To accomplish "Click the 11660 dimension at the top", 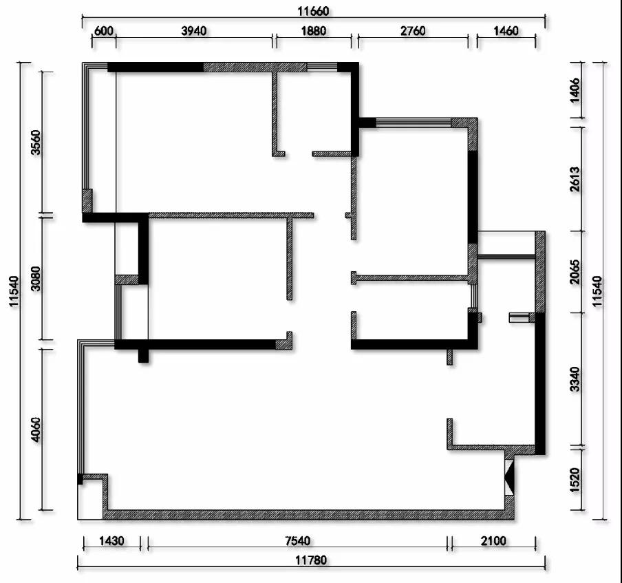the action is [x=313, y=11].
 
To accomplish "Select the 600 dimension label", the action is [x=104, y=30].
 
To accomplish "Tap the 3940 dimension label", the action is [x=194, y=30].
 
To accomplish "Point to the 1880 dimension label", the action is [x=313, y=30].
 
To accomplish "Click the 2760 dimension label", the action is [x=413, y=30].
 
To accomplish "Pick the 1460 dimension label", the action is [x=506, y=30].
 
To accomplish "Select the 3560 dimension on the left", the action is [x=36, y=142].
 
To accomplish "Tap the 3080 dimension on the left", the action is [x=36, y=278].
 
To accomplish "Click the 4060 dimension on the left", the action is [x=36, y=430].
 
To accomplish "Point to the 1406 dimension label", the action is [x=575, y=90].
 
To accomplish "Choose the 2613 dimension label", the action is [x=575, y=179].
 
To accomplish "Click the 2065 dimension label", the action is [x=575, y=272].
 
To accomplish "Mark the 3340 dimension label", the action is [x=575, y=379].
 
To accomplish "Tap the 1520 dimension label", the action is [x=575, y=480].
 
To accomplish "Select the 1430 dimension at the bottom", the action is [x=111, y=540].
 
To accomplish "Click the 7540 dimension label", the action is [x=297, y=540].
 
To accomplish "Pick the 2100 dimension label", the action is [x=493, y=540].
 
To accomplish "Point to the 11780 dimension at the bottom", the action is [x=312, y=560].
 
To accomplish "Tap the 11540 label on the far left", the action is [x=14, y=291].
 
